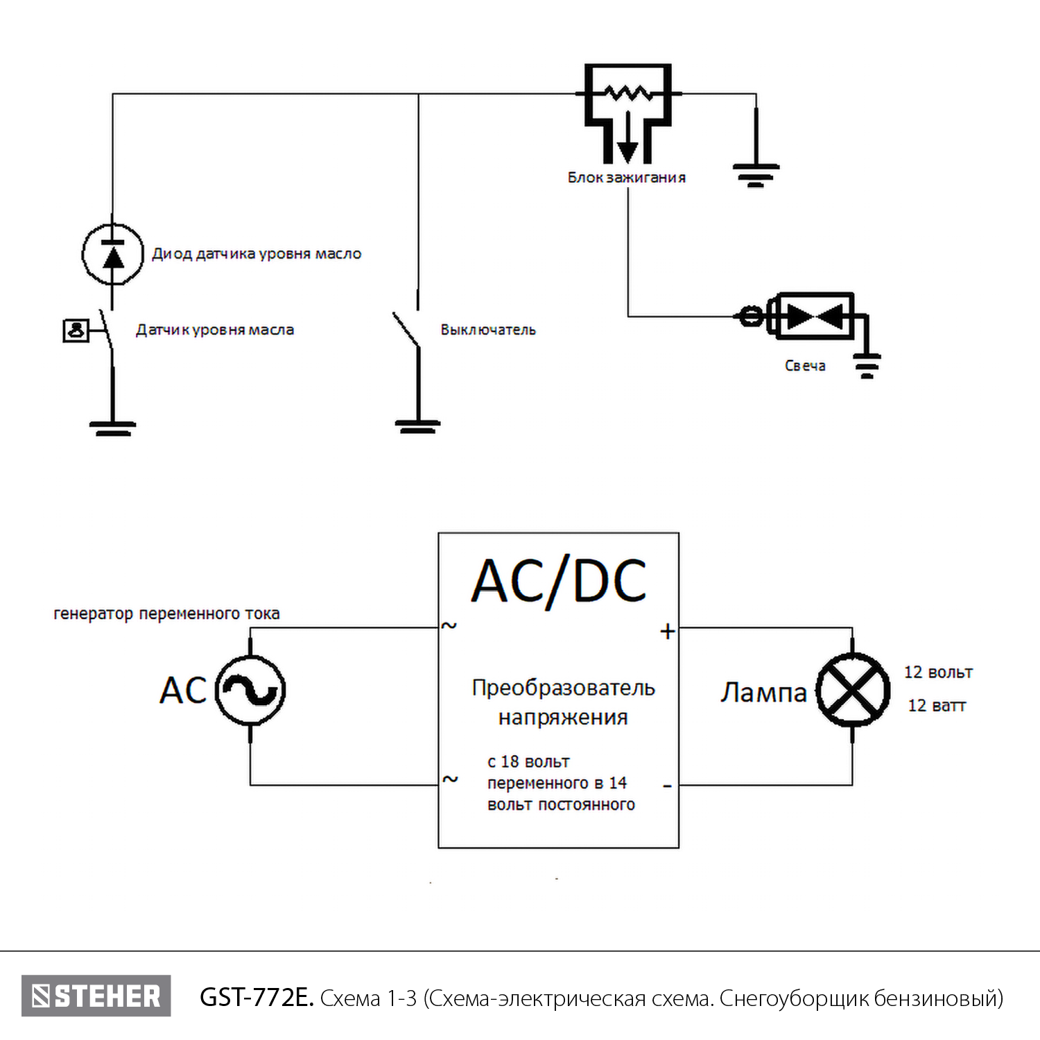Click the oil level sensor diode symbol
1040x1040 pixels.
point(112,254)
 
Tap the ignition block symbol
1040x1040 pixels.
point(627,111)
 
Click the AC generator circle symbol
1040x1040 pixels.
point(250,691)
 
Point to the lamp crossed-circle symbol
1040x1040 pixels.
point(852,691)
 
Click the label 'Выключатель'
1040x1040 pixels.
point(488,330)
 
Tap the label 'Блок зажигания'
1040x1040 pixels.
point(627,177)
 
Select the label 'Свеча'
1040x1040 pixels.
point(805,365)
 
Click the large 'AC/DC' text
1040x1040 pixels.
point(559,581)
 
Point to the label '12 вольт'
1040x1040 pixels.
point(938,673)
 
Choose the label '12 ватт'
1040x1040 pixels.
point(937,706)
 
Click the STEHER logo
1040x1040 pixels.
point(96,996)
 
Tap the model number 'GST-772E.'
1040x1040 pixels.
point(257,998)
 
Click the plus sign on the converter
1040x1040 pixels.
point(667,632)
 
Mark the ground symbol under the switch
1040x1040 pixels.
point(417,426)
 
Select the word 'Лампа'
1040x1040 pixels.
point(763,692)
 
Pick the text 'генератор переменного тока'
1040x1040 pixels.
point(166,614)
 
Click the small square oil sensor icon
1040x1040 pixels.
point(76,331)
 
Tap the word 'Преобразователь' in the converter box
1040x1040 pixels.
point(563,688)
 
